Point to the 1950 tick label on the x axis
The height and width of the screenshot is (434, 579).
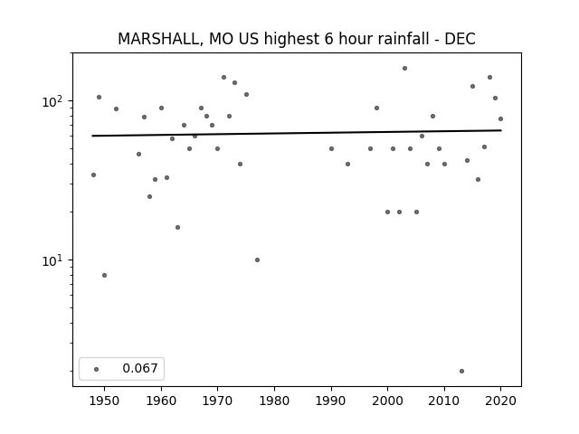[105, 401]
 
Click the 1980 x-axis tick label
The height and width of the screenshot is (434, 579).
[274, 401]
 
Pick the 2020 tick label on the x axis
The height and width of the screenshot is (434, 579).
[500, 401]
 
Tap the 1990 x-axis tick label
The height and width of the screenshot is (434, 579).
[331, 401]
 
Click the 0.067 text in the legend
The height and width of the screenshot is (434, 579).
[140, 368]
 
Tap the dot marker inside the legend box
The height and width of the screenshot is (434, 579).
[97, 369]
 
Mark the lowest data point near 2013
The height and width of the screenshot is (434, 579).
[461, 371]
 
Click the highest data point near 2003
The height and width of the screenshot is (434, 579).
[404, 69]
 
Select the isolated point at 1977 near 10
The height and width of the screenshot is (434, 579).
[257, 259]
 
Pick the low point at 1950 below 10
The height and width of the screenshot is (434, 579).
[105, 275]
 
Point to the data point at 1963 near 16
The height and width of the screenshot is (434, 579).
[177, 227]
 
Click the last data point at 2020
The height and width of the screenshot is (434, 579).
[500, 118]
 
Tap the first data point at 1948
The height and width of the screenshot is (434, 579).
[93, 175]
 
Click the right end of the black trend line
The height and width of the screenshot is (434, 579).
[501, 130]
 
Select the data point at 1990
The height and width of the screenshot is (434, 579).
[332, 148]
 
